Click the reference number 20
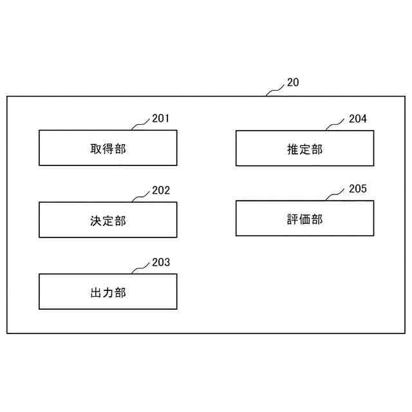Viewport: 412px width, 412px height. (293, 83)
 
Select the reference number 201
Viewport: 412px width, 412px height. (161, 118)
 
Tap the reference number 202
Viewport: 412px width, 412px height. (161, 191)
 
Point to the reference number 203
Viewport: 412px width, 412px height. (161, 263)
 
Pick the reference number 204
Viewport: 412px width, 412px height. (358, 118)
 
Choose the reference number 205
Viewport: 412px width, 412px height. (358, 189)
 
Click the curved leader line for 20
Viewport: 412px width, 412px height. (276, 90)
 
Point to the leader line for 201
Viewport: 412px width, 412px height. (141, 124)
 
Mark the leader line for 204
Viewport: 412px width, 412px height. (337, 124)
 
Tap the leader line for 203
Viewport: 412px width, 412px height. (141, 268)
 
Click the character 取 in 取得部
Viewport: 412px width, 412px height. (96, 149)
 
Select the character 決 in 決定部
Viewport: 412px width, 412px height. (96, 221)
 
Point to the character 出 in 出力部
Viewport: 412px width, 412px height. (96, 293)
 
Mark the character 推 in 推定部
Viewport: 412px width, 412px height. (292, 149)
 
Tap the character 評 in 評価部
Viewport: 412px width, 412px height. (292, 220)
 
